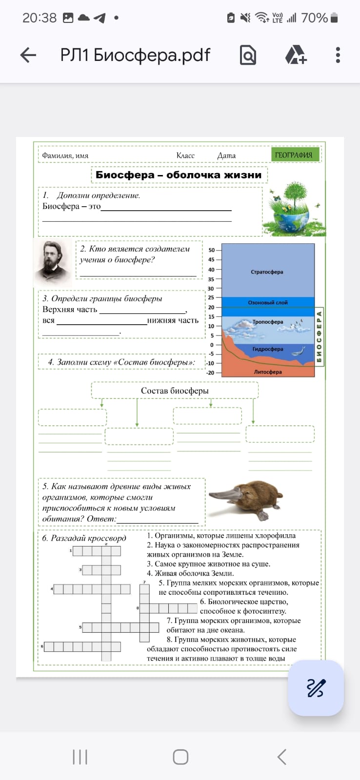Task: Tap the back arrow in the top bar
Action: pyautogui.click(x=28, y=55)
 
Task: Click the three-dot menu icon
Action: pyautogui.click(x=338, y=55)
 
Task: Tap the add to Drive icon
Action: pyautogui.click(x=296, y=55)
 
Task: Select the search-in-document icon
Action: pyautogui.click(x=248, y=55)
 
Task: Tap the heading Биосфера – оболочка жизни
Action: pyautogui.click(x=179, y=175)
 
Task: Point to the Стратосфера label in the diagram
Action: pyautogui.click(x=267, y=272)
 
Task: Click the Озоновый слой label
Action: pyautogui.click(x=268, y=303)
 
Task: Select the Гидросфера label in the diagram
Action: pyautogui.click(x=268, y=349)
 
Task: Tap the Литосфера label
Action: pyautogui.click(x=268, y=372)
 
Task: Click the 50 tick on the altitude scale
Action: pyautogui.click(x=212, y=250)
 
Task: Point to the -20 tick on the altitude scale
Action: pyautogui.click(x=211, y=373)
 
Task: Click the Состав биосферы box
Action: pyautogui.click(x=175, y=390)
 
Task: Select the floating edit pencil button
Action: pyautogui.click(x=316, y=688)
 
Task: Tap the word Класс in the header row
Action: pyautogui.click(x=185, y=156)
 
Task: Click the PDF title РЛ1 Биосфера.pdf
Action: pyautogui.click(x=135, y=55)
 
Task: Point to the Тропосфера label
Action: pyautogui.click(x=267, y=322)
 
